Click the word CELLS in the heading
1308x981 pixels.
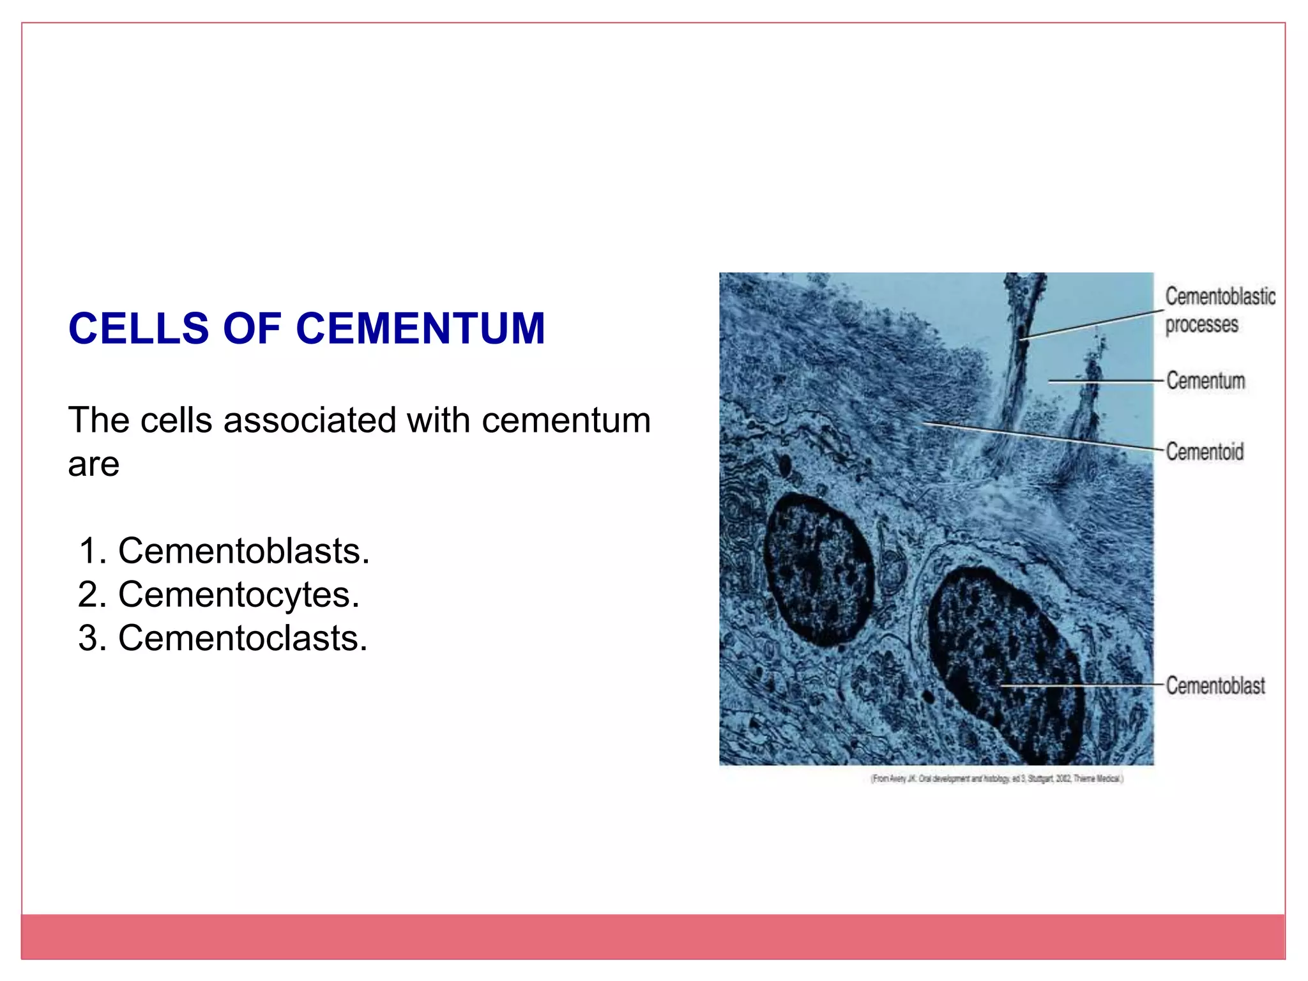pyautogui.click(x=138, y=329)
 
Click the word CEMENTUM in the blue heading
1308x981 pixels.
pyautogui.click(x=420, y=329)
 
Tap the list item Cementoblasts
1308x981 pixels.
pyautogui.click(x=243, y=551)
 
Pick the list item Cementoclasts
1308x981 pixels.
pyautogui.click(x=243, y=638)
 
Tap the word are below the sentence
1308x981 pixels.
pyautogui.click(x=93, y=464)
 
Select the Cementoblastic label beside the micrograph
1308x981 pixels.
pyautogui.click(x=1220, y=296)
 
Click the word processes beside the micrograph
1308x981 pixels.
pyautogui.click(x=1201, y=324)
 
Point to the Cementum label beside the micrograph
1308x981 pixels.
pyautogui.click(x=1205, y=381)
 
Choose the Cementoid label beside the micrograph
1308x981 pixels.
pyautogui.click(x=1205, y=452)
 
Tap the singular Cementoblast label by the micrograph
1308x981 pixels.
pyautogui.click(x=1215, y=685)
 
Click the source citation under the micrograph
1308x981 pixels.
pyautogui.click(x=996, y=779)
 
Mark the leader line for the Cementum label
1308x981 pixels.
pyautogui.click(x=1105, y=381)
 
